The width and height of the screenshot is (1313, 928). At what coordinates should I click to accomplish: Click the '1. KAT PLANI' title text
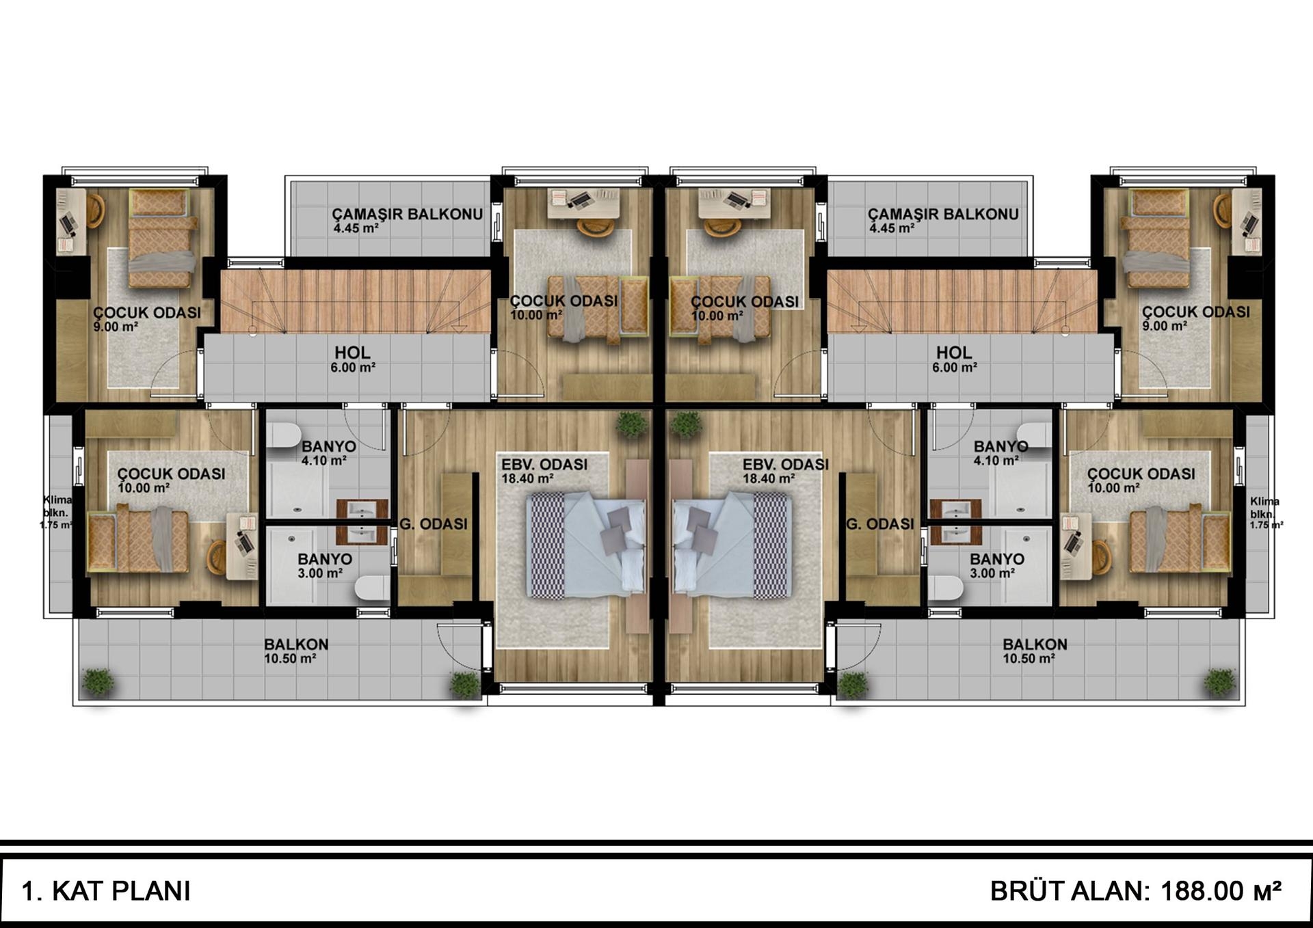tap(106, 891)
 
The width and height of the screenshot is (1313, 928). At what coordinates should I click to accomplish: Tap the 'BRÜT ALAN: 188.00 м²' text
tap(1136, 891)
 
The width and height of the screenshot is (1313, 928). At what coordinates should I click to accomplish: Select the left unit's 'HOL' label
tap(352, 353)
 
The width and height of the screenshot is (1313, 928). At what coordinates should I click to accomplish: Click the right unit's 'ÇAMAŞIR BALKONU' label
tap(943, 214)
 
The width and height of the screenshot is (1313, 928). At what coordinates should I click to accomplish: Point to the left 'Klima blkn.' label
tap(56, 506)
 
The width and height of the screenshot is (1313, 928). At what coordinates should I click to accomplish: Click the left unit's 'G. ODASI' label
tap(434, 524)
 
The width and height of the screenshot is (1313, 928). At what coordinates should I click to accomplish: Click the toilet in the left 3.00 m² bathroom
tap(372, 588)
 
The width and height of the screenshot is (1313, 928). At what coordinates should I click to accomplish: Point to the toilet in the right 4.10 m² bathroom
tap(1033, 435)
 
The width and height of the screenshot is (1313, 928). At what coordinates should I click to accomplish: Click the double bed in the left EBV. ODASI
tap(586, 545)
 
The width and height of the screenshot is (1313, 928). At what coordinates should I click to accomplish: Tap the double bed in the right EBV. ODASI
tap(732, 545)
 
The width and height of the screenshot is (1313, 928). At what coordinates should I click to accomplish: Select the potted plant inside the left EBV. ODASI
tap(631, 424)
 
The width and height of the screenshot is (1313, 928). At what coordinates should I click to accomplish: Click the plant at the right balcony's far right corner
tap(1219, 682)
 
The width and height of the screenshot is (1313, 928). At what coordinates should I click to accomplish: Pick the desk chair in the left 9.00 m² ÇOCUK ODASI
tap(94, 210)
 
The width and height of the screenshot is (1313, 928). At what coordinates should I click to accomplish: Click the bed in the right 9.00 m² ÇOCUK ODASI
tap(1158, 238)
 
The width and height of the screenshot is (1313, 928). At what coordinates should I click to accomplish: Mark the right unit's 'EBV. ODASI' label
tap(786, 465)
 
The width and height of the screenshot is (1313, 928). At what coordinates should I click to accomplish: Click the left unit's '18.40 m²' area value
tap(527, 479)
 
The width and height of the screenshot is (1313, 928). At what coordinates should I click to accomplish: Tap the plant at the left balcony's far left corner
tap(98, 682)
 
